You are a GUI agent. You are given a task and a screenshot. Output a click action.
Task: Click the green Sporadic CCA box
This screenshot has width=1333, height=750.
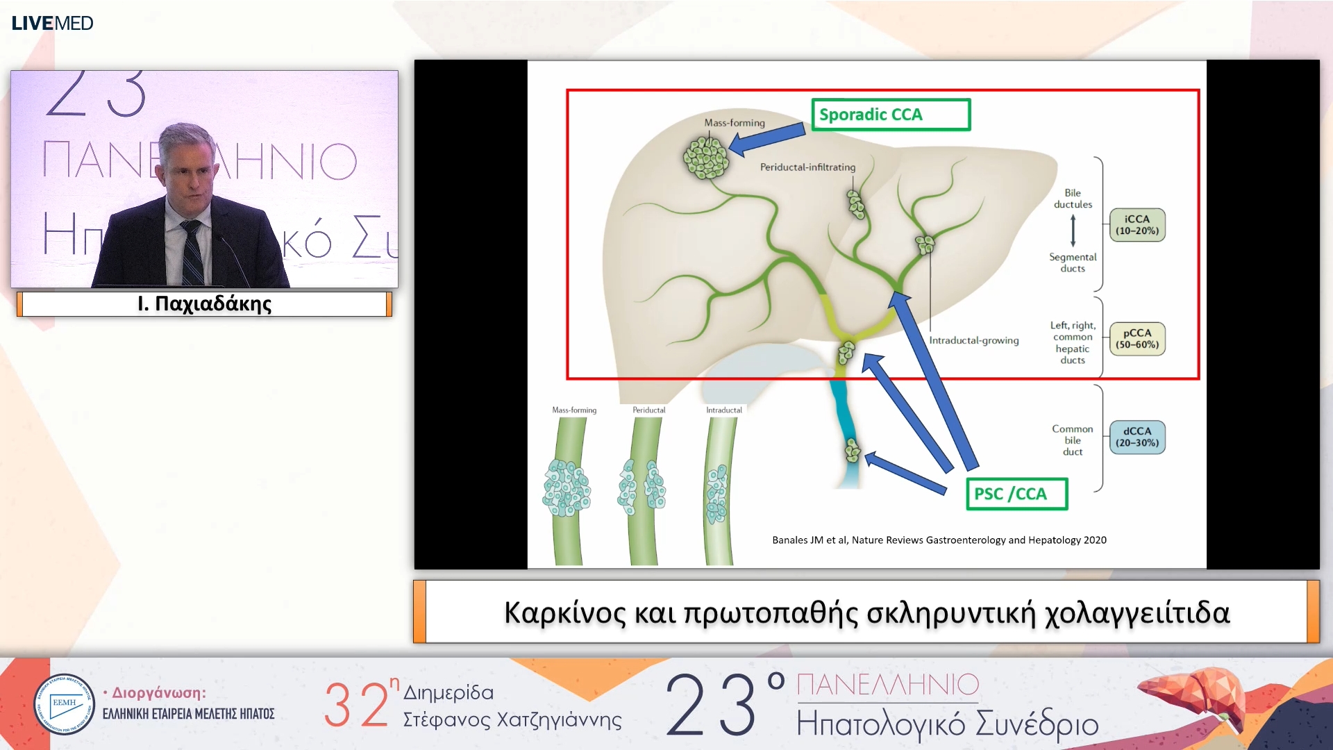(x=890, y=115)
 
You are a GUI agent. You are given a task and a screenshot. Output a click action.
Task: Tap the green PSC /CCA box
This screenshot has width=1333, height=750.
(x=1016, y=494)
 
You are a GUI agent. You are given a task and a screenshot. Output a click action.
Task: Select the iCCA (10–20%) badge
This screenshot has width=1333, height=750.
(x=1137, y=225)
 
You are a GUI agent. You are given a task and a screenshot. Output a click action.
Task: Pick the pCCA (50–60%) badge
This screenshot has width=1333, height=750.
(x=1137, y=339)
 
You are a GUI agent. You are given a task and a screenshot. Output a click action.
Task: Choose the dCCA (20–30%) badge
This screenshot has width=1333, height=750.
(x=1137, y=437)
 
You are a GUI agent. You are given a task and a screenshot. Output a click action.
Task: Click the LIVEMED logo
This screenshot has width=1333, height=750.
(x=52, y=23)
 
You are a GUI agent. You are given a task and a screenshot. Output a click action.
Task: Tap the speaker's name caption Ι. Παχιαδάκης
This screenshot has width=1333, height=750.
(x=204, y=303)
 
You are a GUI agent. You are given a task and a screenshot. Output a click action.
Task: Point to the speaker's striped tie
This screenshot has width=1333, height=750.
(x=192, y=253)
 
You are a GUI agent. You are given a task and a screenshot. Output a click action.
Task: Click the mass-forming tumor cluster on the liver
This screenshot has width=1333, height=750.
(x=706, y=157)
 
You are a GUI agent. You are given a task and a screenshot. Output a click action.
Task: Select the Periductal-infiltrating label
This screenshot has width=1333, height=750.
(x=807, y=167)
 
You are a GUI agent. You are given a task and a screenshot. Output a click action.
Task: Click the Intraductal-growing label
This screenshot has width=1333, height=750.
(x=973, y=340)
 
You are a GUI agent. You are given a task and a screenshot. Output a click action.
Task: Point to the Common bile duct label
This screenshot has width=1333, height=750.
(x=1072, y=440)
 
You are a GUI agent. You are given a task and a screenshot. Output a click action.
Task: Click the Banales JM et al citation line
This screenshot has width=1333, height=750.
(x=939, y=540)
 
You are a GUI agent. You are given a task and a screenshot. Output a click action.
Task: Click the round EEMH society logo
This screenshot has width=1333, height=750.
(x=64, y=704)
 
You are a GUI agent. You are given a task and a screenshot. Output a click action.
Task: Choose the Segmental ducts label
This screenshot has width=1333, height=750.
(x=1072, y=262)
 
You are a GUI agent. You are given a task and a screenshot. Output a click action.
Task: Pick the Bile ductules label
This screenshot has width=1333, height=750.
(x=1072, y=199)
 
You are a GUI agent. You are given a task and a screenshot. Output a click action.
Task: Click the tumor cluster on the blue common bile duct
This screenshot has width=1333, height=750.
(x=852, y=451)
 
